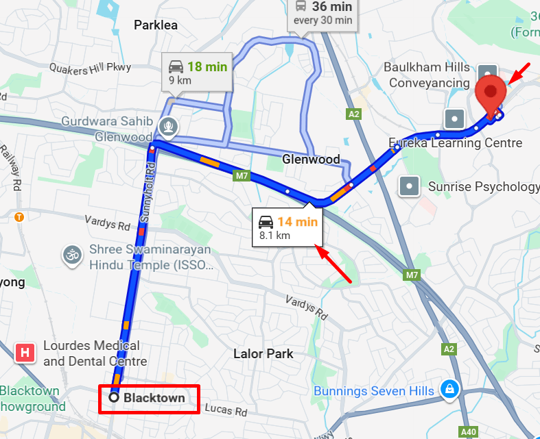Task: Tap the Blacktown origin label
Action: pyautogui.click(x=154, y=397)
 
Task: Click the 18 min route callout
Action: pyautogui.click(x=198, y=72)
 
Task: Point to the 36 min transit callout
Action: pyautogui.click(x=322, y=13)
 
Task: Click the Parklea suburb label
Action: pyautogui.click(x=156, y=25)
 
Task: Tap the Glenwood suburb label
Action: pyautogui.click(x=312, y=160)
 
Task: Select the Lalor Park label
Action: pyautogui.click(x=263, y=353)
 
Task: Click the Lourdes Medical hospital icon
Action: pyautogui.click(x=25, y=353)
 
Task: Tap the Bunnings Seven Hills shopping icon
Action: pyautogui.click(x=449, y=388)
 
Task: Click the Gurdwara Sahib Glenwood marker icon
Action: pyautogui.click(x=167, y=127)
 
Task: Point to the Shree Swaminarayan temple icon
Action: pyautogui.click(x=71, y=255)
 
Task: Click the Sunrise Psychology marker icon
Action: pyautogui.click(x=410, y=186)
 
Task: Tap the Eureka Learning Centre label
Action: pyautogui.click(x=456, y=143)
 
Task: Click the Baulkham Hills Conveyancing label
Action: pyautogui.click(x=427, y=75)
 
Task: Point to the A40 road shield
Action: pyautogui.click(x=469, y=432)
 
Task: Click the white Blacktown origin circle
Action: pyautogui.click(x=115, y=397)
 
